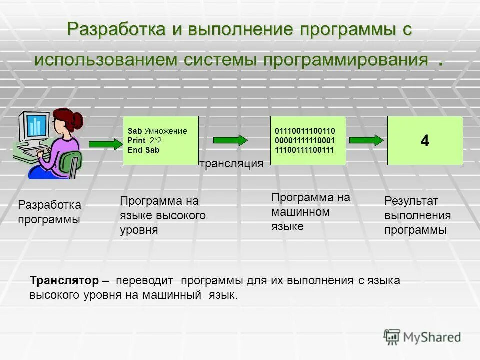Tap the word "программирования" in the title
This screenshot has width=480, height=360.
click(346, 60)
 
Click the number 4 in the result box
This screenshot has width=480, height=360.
click(425, 141)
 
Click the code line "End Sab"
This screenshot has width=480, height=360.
click(143, 149)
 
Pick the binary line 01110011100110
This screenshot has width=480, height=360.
click(305, 131)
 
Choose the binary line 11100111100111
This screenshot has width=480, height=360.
click(305, 149)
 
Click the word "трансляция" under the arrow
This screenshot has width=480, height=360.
click(231, 164)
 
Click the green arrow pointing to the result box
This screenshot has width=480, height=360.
click(366, 140)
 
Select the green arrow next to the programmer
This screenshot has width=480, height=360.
click(105, 144)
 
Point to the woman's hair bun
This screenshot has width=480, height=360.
click(77, 120)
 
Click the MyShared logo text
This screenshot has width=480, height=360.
click(432, 337)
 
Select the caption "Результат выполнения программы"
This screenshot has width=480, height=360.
click(417, 215)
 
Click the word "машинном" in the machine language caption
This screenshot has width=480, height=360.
click(300, 212)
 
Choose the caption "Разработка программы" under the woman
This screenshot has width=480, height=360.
click(49, 212)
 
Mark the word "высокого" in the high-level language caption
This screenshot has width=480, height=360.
click(182, 215)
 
